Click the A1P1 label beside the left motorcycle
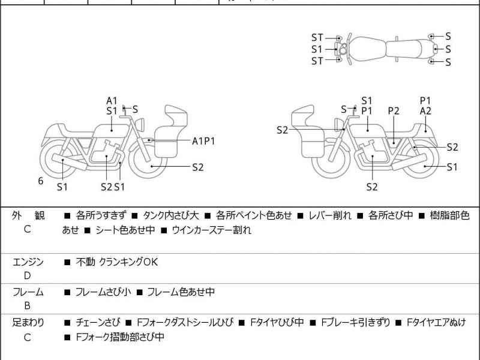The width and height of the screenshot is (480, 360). [203, 141]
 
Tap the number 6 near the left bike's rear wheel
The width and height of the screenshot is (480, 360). [41, 180]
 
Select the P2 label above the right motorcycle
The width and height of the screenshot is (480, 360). [394, 111]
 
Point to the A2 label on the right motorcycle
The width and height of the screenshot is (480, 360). [425, 111]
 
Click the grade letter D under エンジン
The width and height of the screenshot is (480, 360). [27, 275]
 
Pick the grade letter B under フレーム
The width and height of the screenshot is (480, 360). [27, 306]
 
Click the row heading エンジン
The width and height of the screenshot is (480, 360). [28, 262]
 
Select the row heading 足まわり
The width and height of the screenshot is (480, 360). [28, 323]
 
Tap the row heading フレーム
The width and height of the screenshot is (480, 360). [28, 292]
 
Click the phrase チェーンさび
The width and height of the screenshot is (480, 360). [98, 323]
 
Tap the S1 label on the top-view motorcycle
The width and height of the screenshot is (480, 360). [317, 49]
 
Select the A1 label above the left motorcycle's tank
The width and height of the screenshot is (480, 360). [112, 100]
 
